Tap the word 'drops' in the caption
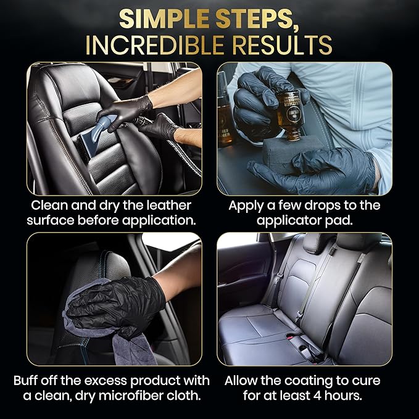pos(325,205)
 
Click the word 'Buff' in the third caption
pos(30,380)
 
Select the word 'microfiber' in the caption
pos(144,396)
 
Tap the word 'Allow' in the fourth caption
pos(244,380)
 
